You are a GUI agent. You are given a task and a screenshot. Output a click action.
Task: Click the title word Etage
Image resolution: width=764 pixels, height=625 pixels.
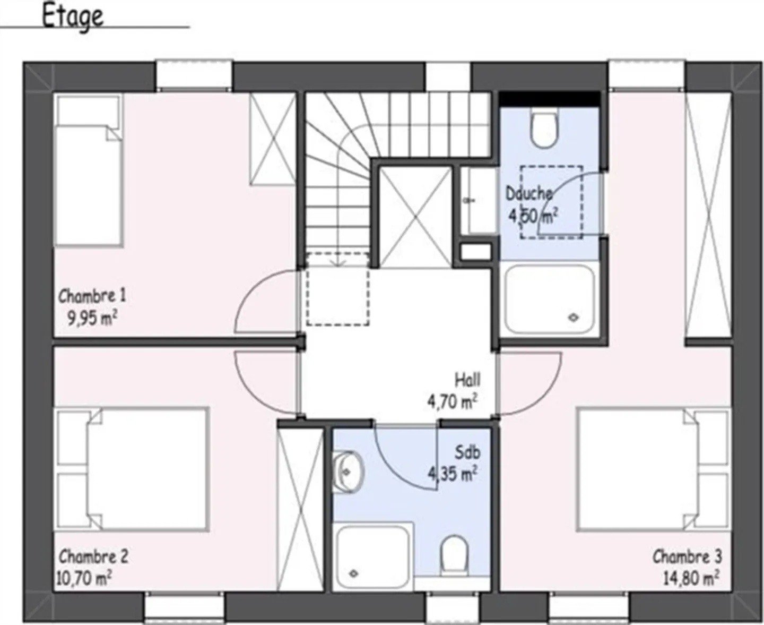click(72, 16)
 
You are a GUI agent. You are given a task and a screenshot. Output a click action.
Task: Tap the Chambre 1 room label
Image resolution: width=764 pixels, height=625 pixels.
click(92, 295)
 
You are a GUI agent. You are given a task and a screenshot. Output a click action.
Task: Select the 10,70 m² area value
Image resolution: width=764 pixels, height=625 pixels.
click(83, 577)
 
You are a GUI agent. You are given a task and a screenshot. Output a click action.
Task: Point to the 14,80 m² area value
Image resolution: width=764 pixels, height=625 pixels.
click(691, 577)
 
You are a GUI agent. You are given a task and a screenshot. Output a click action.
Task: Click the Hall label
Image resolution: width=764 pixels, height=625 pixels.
click(467, 380)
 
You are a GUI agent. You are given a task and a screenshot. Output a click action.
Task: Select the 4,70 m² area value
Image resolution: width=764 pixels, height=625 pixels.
click(452, 401)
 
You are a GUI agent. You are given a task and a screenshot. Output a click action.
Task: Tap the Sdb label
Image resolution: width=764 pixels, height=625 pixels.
click(467, 452)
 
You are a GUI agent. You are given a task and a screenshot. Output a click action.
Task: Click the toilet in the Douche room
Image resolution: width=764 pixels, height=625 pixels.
click(544, 129)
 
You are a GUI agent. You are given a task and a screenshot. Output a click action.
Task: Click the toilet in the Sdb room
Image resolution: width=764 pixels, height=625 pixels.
click(455, 554)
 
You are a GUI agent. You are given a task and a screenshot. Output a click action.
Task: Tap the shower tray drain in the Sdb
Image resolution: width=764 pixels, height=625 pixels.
click(353, 573)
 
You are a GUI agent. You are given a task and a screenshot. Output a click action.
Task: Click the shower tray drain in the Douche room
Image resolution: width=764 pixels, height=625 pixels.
click(574, 318)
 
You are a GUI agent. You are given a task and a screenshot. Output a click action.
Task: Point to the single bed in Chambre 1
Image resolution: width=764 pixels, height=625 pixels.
click(89, 171)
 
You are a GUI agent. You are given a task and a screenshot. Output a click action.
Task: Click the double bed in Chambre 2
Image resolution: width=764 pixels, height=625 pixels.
click(133, 469)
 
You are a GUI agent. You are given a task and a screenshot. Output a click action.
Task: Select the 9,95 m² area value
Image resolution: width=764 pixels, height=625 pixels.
click(92, 318)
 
